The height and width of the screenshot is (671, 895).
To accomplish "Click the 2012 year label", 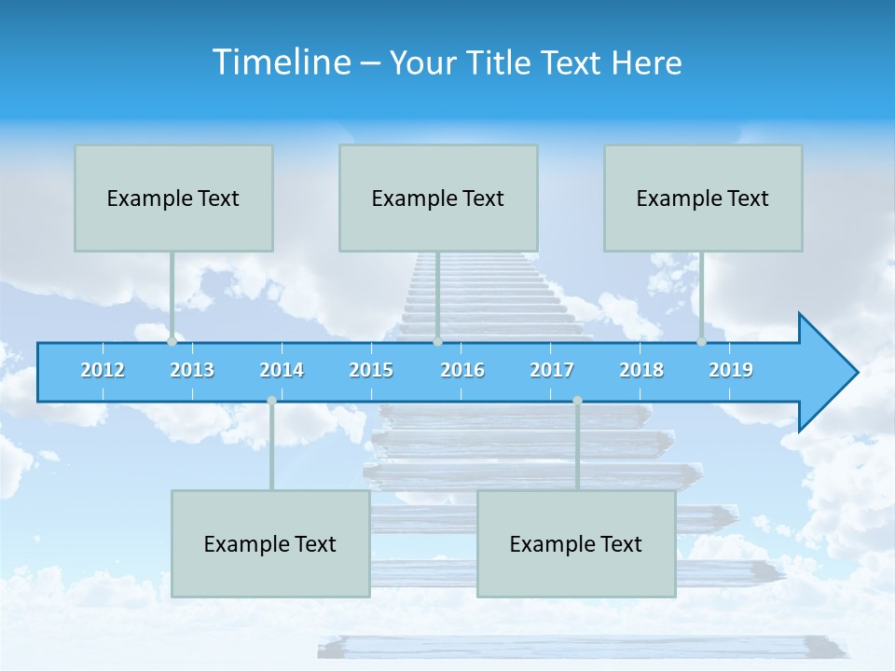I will [103, 370].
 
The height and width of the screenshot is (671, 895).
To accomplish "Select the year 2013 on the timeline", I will [192, 370].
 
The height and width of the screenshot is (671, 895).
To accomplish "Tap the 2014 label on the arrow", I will [282, 370].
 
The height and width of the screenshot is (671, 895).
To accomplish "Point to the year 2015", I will [371, 370].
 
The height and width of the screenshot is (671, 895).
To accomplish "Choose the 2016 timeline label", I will [462, 370].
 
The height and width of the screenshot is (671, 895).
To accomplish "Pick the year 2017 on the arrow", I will [552, 370].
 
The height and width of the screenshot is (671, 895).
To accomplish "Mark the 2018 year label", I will [641, 370].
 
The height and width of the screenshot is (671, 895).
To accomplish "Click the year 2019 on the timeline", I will [731, 370].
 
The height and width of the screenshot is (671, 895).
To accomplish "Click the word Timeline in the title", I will [281, 62].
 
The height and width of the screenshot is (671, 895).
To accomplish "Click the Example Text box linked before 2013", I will [173, 198].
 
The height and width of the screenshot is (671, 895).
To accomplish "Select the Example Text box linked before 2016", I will [438, 198].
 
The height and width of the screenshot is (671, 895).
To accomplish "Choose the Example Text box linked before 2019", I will [703, 198].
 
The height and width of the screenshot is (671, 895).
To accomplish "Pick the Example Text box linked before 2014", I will [270, 543].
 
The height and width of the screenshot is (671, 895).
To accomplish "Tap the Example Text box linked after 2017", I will [576, 543].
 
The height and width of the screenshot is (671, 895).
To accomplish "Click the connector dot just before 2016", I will [437, 342].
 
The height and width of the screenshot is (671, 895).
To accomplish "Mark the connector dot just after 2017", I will [577, 401].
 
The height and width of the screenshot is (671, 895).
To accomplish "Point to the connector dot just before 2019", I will [702, 342].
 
